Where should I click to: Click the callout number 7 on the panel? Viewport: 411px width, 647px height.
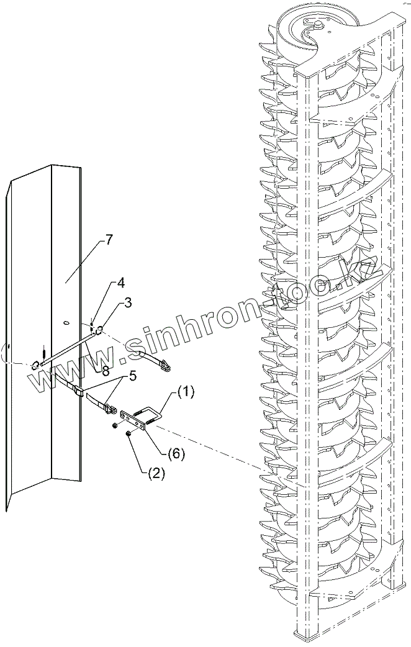click(109, 240)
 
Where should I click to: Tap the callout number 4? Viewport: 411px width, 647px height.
click(120, 284)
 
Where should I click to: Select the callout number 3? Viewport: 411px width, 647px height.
click(128, 302)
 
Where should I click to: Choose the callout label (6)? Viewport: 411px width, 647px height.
click(176, 453)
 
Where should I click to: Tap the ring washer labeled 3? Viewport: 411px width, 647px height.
click(98, 329)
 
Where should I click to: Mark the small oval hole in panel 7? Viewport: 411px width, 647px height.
click(66, 322)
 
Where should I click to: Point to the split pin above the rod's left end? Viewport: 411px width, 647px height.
click(43, 351)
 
